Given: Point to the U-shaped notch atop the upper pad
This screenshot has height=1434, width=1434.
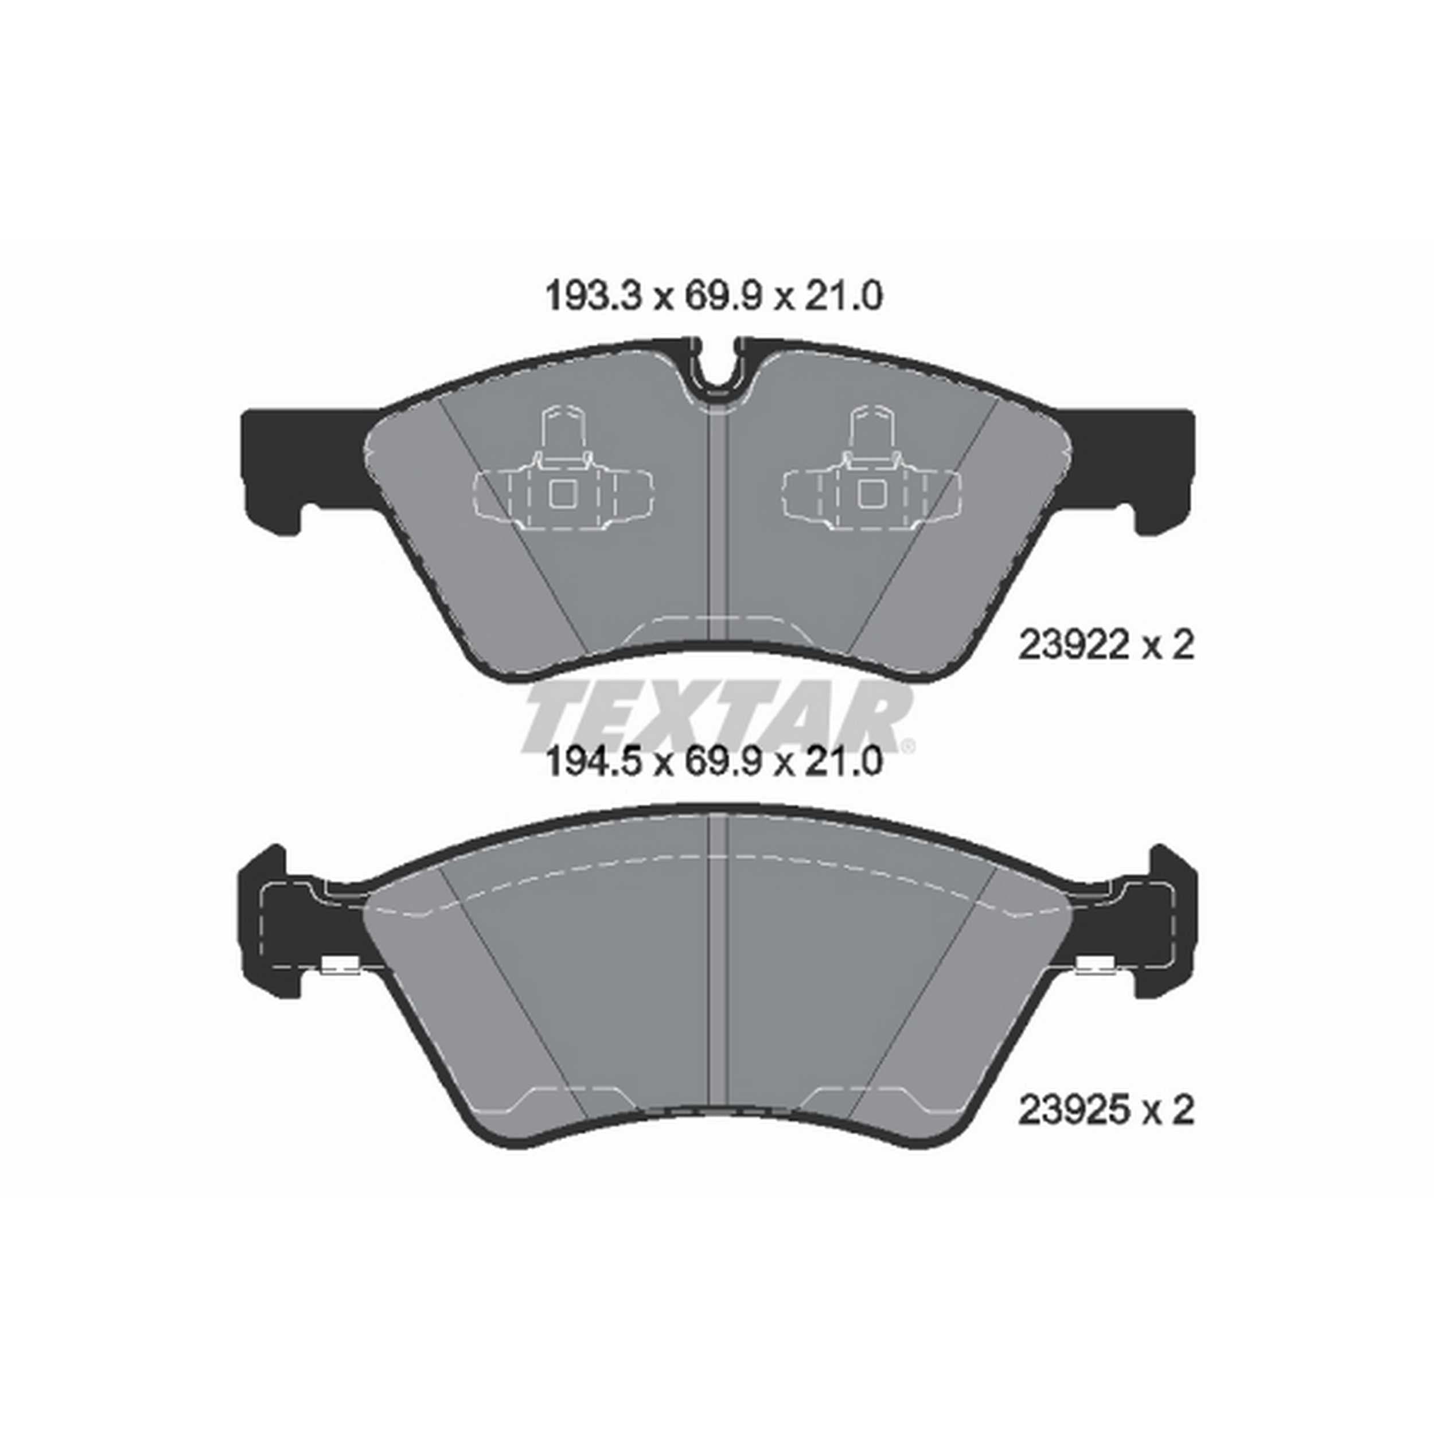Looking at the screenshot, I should pos(717,371).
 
